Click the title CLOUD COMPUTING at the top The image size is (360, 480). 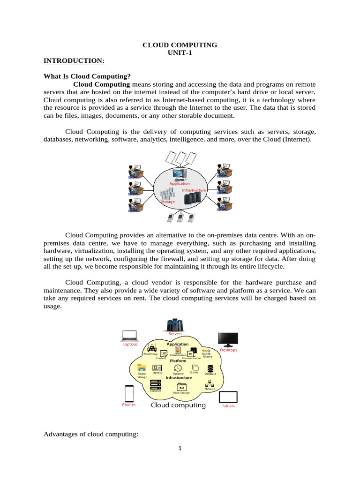[x=180, y=45]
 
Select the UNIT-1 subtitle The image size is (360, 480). [x=180, y=53]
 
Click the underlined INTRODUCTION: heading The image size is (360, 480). [x=74, y=61]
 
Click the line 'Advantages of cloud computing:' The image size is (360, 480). [x=90, y=434]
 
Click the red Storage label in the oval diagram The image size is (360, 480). [x=167, y=202]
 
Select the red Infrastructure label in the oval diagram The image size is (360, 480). [x=194, y=190]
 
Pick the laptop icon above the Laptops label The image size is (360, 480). [x=130, y=336]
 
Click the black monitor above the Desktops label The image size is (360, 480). [x=228, y=340]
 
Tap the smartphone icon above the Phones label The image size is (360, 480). [x=129, y=393]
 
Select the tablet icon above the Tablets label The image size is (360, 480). [x=228, y=397]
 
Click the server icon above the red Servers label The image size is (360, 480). [x=175, y=324]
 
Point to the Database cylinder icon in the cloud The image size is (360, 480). [x=210, y=368]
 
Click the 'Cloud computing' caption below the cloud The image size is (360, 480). [x=178, y=405]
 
